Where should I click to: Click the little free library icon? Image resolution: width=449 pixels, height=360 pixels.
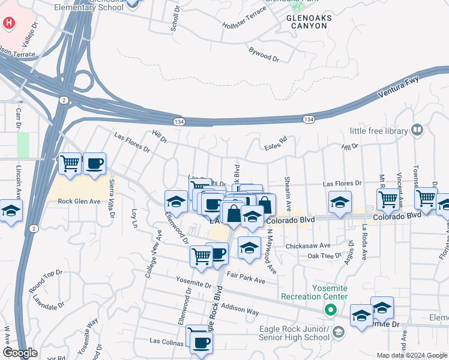click(x=417, y=130)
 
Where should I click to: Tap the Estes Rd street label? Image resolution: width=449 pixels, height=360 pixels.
click(x=276, y=145)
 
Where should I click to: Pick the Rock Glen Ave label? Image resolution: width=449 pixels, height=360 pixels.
click(x=78, y=201)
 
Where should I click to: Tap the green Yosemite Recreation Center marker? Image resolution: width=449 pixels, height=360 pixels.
click(x=330, y=310)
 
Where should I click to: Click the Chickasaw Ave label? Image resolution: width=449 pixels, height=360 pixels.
click(x=309, y=245)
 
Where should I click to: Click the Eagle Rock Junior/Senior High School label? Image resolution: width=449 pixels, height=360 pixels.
click(x=295, y=332)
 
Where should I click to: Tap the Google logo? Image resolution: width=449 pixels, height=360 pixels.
click(x=20, y=353)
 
